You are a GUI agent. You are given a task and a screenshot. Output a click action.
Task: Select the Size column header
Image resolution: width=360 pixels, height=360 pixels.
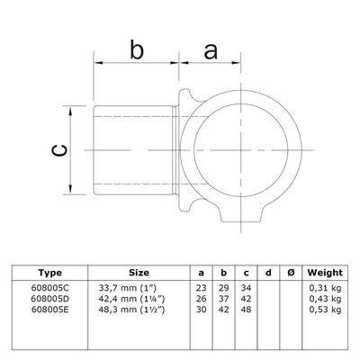click(139, 270)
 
